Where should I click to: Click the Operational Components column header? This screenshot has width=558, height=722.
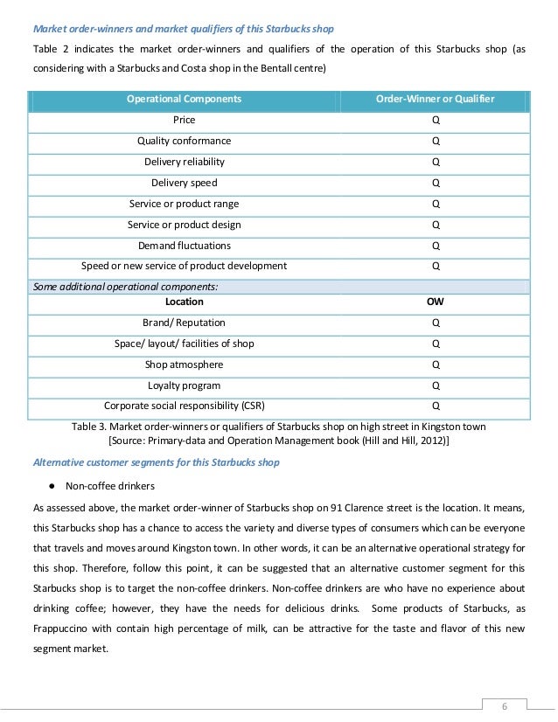pos(184,99)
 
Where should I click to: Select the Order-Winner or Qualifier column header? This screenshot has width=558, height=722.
pos(435,99)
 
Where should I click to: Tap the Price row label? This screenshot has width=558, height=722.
pos(184,120)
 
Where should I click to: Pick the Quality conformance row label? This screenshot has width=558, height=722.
pos(184,141)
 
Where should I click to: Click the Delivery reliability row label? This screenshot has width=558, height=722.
pos(184,162)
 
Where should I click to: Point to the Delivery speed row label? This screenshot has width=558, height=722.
pos(184,183)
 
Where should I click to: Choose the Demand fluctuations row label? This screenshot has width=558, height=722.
pos(184,246)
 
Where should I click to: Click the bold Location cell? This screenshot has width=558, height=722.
pos(184,302)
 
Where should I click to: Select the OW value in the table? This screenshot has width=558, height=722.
pos(435,302)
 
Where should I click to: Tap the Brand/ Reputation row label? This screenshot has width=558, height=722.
pos(184,323)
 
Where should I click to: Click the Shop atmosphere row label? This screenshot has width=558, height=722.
pos(184,364)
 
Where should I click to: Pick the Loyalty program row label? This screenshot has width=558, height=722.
pos(184,385)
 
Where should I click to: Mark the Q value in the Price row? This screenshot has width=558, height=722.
pos(435,120)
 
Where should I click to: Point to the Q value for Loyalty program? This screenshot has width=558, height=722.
pos(435,385)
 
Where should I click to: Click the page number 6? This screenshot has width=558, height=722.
pos(504,705)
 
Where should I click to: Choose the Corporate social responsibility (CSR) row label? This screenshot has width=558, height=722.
pos(184,406)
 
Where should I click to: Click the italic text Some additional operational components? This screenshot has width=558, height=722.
pos(125,286)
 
